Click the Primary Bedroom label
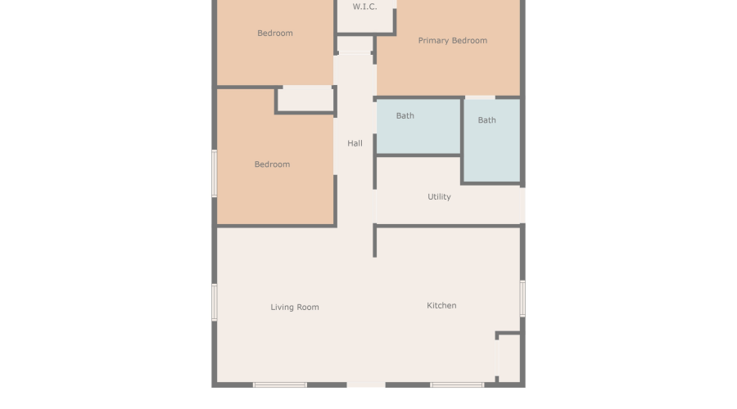tap(452, 41)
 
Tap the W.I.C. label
tap(364, 7)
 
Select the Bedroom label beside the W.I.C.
tap(274, 34)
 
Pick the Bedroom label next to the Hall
tap(272, 164)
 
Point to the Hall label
tap(355, 144)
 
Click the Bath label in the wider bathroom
tap(405, 116)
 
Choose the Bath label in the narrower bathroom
tap(486, 120)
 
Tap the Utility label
tap(439, 197)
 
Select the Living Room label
tap(295, 308)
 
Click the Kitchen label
tap(441, 306)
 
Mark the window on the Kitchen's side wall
tap(522, 299)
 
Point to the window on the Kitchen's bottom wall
tap(456, 384)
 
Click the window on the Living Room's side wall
tap(215, 302)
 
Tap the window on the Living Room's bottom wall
tap(279, 384)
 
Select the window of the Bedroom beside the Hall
tap(215, 173)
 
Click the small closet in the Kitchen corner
tap(509, 358)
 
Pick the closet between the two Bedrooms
tap(305, 98)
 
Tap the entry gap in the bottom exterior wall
tap(366, 384)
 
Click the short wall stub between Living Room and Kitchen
tap(375, 242)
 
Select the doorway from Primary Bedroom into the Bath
tap(480, 97)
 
